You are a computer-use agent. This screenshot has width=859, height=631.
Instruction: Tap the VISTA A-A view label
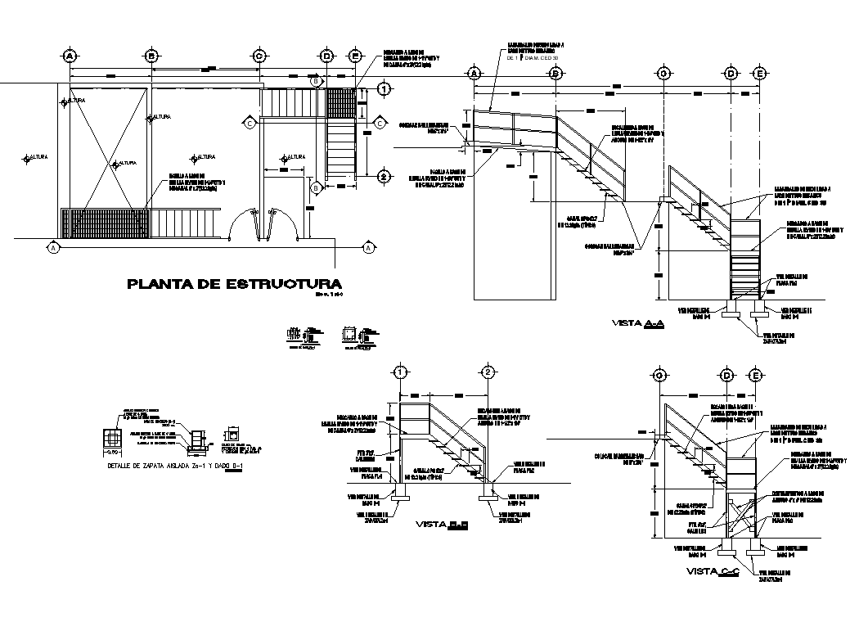(x=638, y=324)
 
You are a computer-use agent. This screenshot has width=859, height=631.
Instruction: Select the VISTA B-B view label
(x=442, y=524)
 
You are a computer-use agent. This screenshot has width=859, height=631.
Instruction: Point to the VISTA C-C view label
(x=713, y=570)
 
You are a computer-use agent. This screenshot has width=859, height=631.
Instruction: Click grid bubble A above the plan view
(x=70, y=56)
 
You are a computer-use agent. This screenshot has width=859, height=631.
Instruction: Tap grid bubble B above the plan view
(x=151, y=56)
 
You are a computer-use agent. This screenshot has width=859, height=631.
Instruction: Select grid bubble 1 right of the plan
(x=382, y=88)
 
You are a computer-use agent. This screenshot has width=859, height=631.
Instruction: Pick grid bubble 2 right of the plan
(x=382, y=176)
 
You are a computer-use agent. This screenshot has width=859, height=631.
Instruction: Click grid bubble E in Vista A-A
(x=760, y=74)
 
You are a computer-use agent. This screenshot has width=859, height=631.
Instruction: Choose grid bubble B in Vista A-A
(x=555, y=74)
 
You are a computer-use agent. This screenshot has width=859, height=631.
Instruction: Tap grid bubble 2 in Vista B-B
(x=487, y=372)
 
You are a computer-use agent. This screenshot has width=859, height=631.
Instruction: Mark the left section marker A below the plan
(x=53, y=246)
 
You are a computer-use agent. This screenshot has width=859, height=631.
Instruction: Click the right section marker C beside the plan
(x=380, y=123)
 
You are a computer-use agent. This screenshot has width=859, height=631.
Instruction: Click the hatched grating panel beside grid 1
(x=341, y=103)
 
